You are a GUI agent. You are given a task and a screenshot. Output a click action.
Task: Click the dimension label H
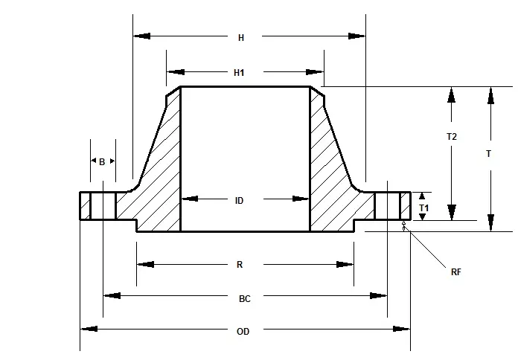[x=240, y=36]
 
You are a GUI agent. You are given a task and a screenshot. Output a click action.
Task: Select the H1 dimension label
[x=239, y=72]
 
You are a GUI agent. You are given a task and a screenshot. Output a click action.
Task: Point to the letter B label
[x=102, y=161]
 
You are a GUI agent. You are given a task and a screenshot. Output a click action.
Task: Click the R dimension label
[x=239, y=264]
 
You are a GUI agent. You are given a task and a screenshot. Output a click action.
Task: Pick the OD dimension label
[x=243, y=331]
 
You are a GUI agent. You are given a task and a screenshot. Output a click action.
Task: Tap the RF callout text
[x=455, y=272]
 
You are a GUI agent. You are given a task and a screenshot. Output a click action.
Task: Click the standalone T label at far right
[x=488, y=154]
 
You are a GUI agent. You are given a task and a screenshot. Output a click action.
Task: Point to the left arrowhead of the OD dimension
[x=88, y=329]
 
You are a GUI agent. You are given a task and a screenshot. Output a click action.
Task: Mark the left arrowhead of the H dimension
[x=141, y=36]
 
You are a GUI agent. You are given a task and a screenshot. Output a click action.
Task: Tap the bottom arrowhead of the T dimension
[x=490, y=223]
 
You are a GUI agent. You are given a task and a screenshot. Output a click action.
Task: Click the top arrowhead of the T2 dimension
[x=450, y=95]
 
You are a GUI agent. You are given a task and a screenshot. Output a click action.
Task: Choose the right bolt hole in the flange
[x=387, y=205]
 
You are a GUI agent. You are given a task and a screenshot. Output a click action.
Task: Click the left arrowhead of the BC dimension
[x=112, y=296]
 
